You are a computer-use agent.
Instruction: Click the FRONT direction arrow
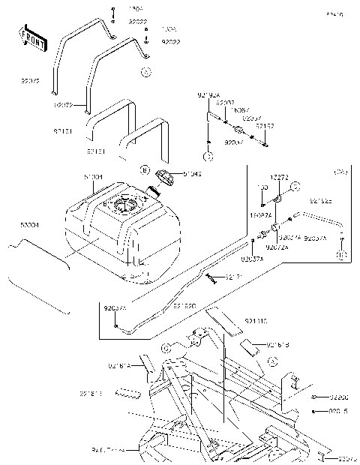pyautogui.click(x=31, y=35)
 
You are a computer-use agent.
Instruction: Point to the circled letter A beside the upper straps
pyautogui.click(x=145, y=72)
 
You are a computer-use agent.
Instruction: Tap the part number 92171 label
pyautogui.click(x=232, y=277)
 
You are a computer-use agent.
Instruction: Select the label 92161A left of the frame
pyautogui.click(x=119, y=366)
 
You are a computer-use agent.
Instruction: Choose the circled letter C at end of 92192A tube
pyautogui.click(x=209, y=157)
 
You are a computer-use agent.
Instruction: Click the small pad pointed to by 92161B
pyautogui.click(x=248, y=346)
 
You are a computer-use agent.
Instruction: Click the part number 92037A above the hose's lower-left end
pyautogui.click(x=115, y=307)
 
